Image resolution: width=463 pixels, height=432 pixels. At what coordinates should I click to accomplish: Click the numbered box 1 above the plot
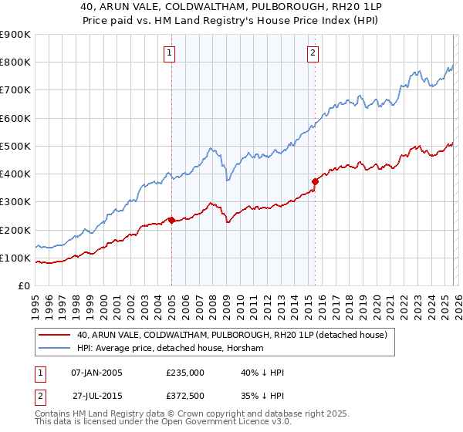pos(169,53)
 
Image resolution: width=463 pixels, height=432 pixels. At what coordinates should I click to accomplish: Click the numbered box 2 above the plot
pos(313,53)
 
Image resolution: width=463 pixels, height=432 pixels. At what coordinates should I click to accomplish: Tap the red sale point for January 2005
pos(171,220)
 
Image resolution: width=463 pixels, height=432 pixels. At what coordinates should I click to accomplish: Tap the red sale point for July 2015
pos(315,182)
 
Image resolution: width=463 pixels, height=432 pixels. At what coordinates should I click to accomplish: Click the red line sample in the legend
pos(54,335)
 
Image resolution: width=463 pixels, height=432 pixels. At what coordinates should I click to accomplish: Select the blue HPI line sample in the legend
pos(54,349)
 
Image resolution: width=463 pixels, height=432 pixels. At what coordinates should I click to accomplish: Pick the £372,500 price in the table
pos(185,395)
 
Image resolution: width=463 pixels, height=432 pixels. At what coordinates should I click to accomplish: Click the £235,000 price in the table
pos(185,373)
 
